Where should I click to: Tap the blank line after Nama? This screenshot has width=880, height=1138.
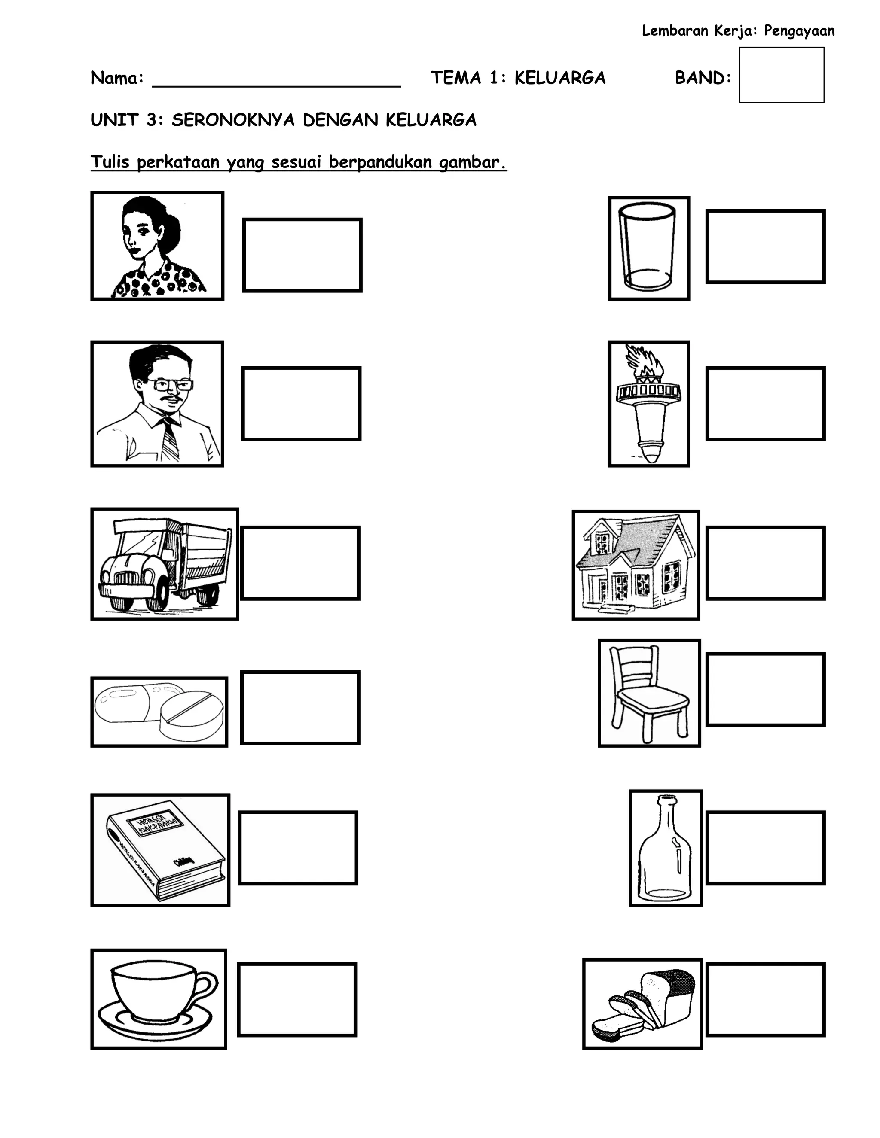[x=276, y=81]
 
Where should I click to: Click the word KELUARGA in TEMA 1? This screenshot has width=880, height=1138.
[x=559, y=78]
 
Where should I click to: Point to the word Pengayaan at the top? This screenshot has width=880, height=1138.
[x=799, y=31]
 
